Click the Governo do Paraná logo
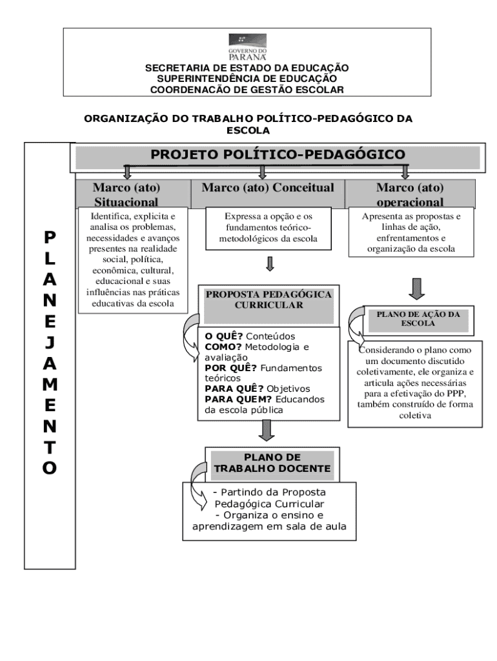[248, 46]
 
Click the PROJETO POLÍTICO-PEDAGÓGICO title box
[278, 155]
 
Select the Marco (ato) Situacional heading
[127, 194]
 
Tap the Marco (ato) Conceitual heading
[268, 188]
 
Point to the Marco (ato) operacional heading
[410, 194]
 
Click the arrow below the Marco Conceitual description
[270, 264]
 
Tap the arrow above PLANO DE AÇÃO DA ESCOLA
[418, 287]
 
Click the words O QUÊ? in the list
[223, 336]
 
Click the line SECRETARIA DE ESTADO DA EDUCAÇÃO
[247, 68]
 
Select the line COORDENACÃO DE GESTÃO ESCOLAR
[247, 89]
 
